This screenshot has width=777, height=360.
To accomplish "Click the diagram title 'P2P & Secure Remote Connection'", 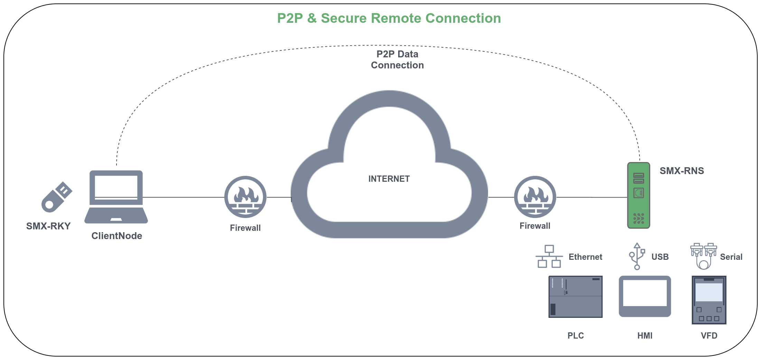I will point(389,18).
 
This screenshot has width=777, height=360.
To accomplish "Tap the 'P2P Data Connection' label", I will point(397,59).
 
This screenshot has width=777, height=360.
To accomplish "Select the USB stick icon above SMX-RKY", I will point(57,197).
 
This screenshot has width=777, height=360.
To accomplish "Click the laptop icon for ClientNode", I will point(116,197).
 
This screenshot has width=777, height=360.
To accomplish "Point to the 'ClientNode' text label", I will point(117,236).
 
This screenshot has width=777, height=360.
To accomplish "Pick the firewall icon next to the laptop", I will point(245,197).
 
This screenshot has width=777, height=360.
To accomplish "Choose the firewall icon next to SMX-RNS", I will point(535,197).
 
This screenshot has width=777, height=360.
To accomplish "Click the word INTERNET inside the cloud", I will point(389,179).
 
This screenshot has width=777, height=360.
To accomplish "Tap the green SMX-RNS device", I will point(638,196).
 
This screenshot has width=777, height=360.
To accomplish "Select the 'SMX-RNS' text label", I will point(682,171).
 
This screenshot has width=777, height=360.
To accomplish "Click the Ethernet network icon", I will point(549,256).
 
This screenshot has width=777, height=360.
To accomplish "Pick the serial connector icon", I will point(703,256).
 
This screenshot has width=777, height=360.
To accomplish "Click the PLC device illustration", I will point(575,296).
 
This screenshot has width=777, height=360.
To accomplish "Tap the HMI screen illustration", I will point(645,296).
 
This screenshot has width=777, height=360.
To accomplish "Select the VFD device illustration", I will point(709,300).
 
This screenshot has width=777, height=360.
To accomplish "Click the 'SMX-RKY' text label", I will point(48,226).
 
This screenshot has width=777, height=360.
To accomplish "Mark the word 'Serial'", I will point(731,257).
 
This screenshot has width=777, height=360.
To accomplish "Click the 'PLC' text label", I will point(575,335).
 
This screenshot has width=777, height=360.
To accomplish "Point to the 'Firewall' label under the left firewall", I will point(245,228).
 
